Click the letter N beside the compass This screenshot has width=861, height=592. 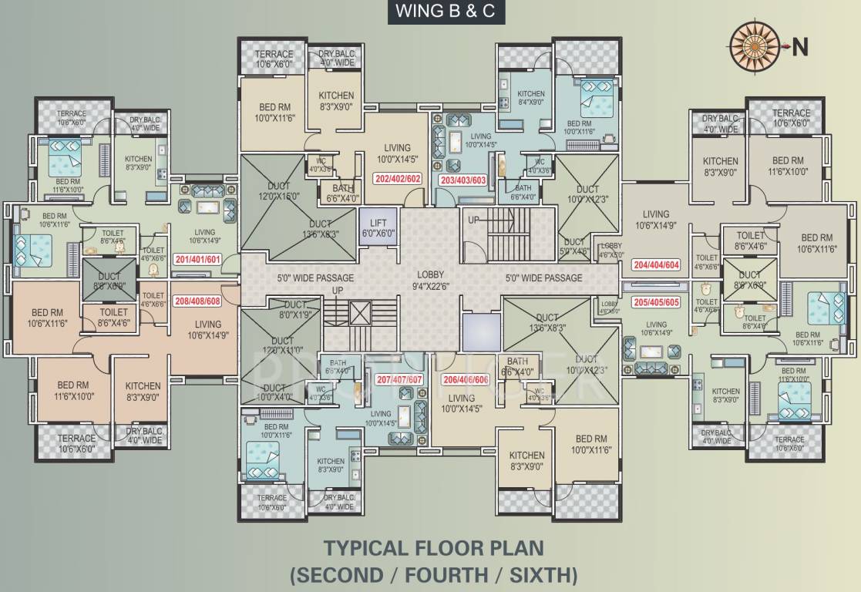[801, 47]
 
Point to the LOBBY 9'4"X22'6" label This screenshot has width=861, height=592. [431, 279]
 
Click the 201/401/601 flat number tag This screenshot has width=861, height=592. [197, 258]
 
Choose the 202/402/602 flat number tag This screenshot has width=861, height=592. [398, 179]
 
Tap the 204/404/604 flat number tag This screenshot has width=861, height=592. [655, 264]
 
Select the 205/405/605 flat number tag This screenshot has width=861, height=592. [655, 301]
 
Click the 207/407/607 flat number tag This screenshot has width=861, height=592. [399, 378]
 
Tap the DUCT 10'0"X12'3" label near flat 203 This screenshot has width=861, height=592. [587, 194]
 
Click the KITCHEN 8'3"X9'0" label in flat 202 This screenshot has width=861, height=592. [337, 101]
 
